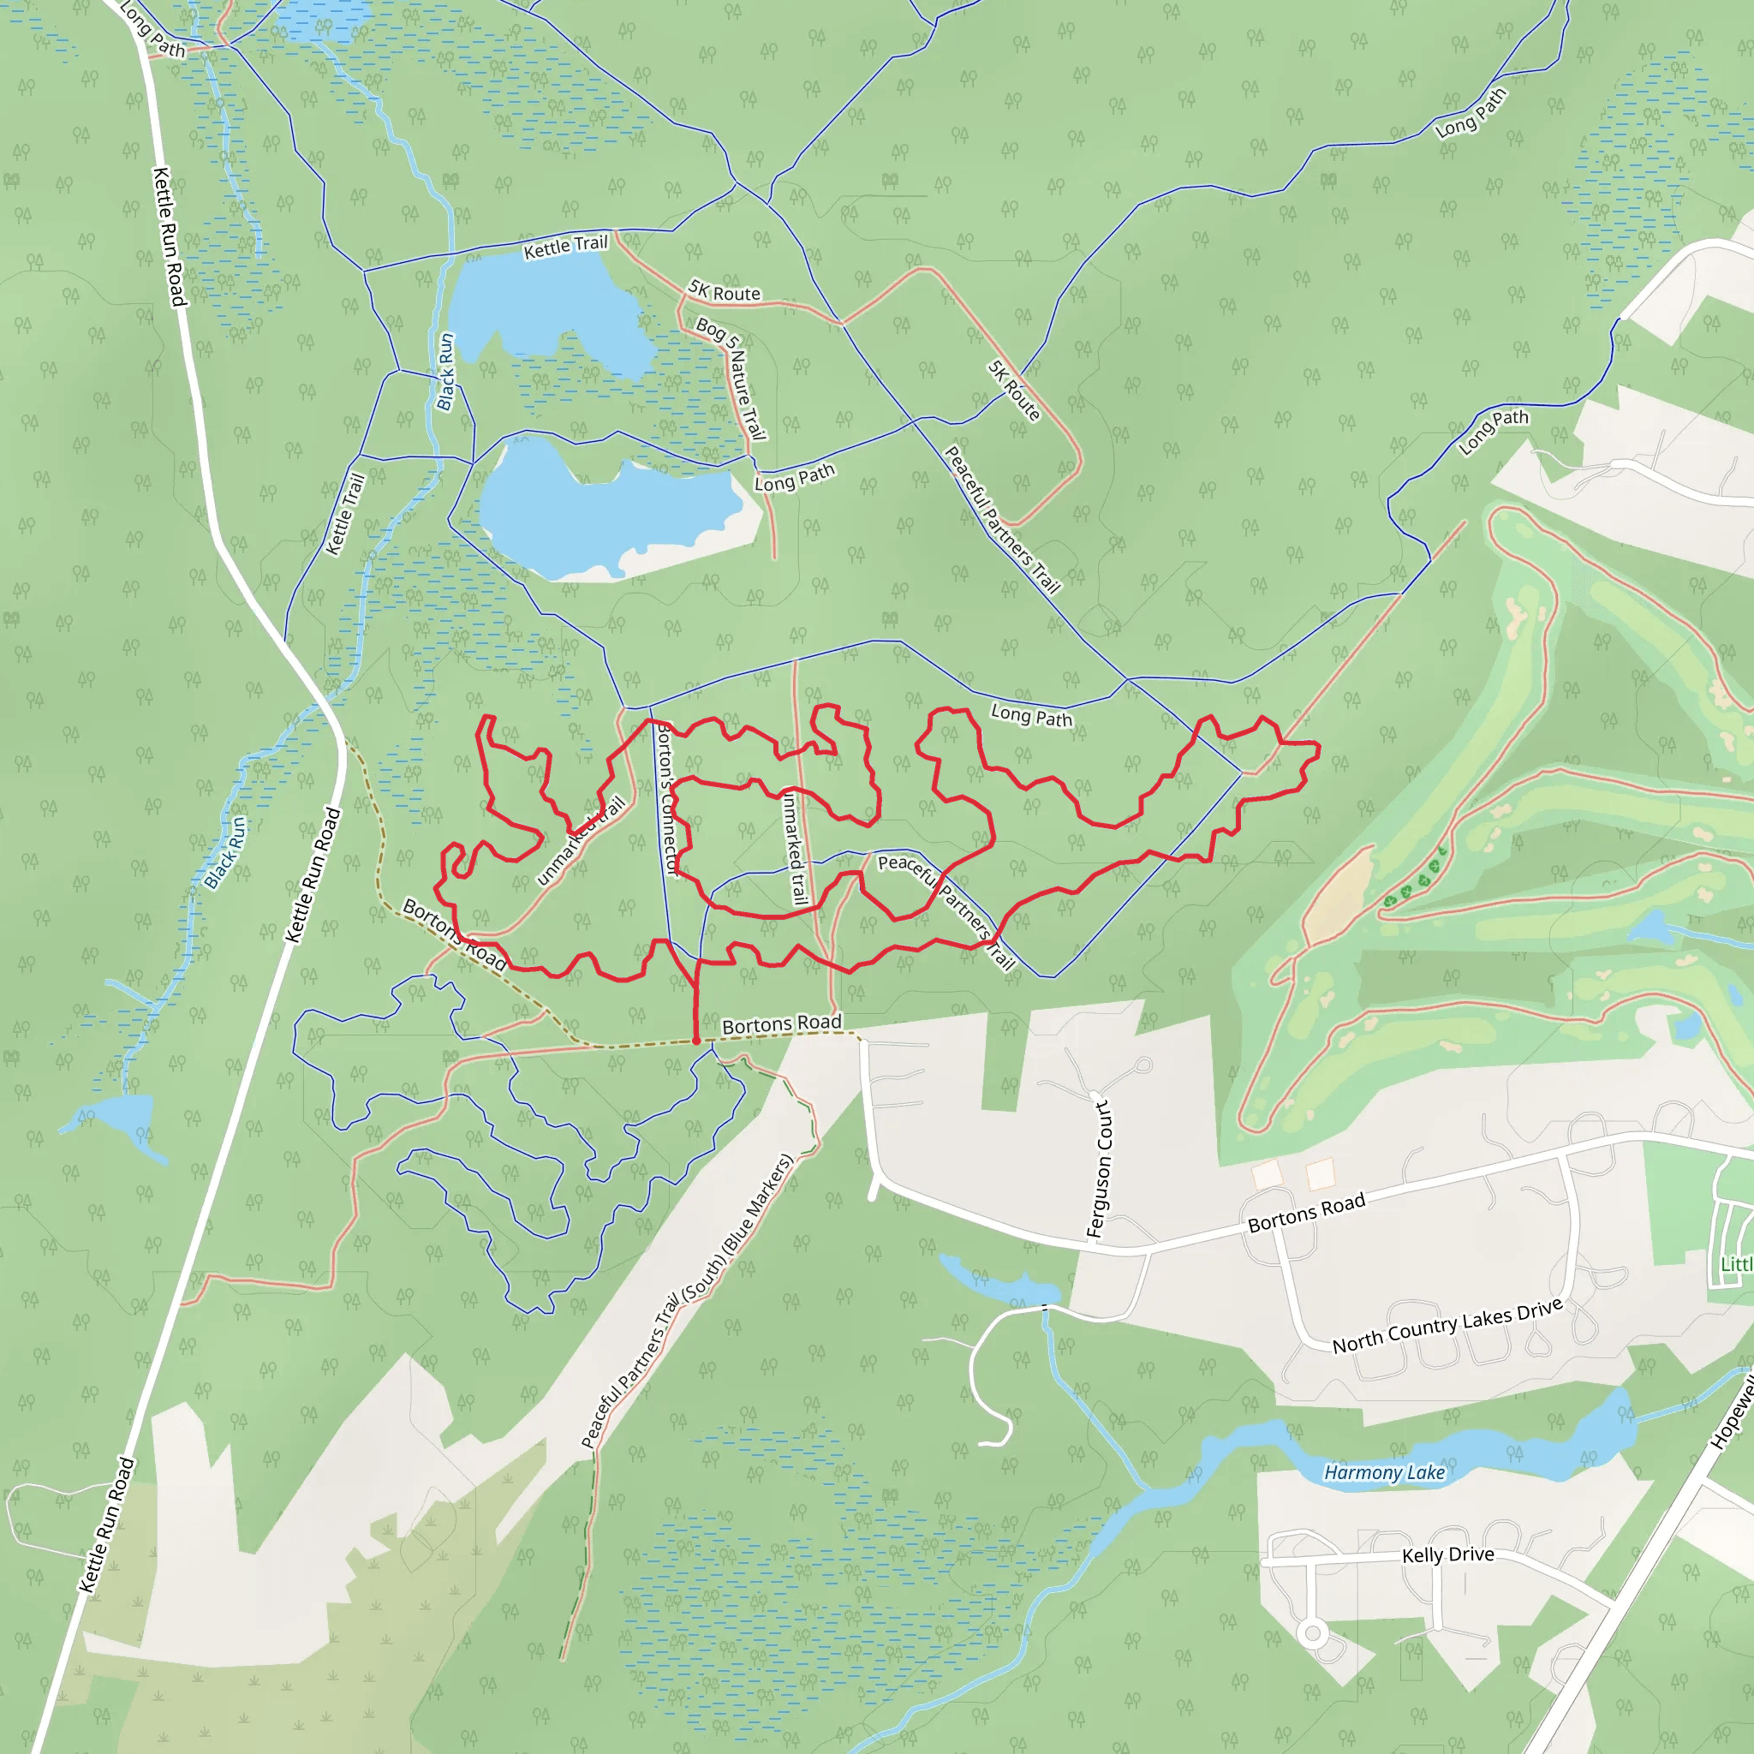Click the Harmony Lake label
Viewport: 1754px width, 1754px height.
pos(1384,1472)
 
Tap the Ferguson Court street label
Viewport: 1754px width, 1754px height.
pos(1100,1168)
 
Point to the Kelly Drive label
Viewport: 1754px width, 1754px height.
pos(1448,1554)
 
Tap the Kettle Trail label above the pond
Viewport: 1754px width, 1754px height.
pos(565,247)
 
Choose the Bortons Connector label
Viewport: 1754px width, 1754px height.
pos(667,800)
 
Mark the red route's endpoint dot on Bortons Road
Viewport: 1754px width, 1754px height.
pos(696,1041)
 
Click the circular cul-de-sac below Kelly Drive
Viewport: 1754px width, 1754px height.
pos(1312,1634)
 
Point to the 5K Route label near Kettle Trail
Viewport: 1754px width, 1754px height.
pos(725,291)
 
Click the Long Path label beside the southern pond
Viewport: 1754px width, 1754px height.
pos(795,478)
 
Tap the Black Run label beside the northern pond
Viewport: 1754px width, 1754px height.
pos(444,373)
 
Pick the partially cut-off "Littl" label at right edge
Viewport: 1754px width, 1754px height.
pos(1736,1265)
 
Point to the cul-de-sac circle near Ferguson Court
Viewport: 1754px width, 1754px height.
pos(1144,1065)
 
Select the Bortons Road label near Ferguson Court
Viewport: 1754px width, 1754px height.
pos(1306,1213)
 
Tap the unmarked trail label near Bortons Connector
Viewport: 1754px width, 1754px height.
pos(795,849)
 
